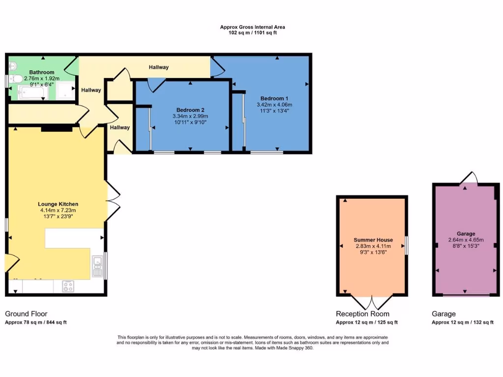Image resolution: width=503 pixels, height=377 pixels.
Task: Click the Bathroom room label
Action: tap(41, 72)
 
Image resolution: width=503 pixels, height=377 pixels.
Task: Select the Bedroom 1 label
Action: tap(274, 98)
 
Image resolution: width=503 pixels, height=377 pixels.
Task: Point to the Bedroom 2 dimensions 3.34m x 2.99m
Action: tap(190, 116)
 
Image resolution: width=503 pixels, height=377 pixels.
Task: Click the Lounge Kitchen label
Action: tap(58, 204)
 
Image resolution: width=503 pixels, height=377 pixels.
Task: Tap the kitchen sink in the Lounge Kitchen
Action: tap(97, 266)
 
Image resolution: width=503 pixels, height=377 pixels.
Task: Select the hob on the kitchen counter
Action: tap(68, 286)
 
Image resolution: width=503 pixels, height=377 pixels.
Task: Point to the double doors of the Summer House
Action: tap(372, 302)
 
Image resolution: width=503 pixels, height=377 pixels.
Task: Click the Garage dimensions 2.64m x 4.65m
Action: tap(466, 240)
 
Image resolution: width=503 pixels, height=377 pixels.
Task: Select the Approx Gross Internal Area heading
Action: tap(252, 27)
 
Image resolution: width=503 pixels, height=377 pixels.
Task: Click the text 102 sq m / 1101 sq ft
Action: tap(252, 33)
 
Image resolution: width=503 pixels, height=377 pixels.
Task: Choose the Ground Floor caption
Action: tap(26, 314)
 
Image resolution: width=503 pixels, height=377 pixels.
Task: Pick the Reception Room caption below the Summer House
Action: tap(363, 314)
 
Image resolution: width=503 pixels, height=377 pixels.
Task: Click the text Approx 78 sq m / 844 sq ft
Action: tap(36, 323)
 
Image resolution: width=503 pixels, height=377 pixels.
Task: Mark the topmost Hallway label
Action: tap(159, 67)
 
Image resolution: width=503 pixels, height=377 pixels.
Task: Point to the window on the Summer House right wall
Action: tap(407, 245)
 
